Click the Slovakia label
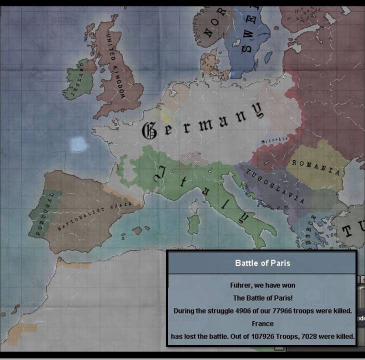click(x=276, y=139)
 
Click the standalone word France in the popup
click(x=262, y=324)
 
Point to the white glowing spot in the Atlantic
click(x=78, y=144)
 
